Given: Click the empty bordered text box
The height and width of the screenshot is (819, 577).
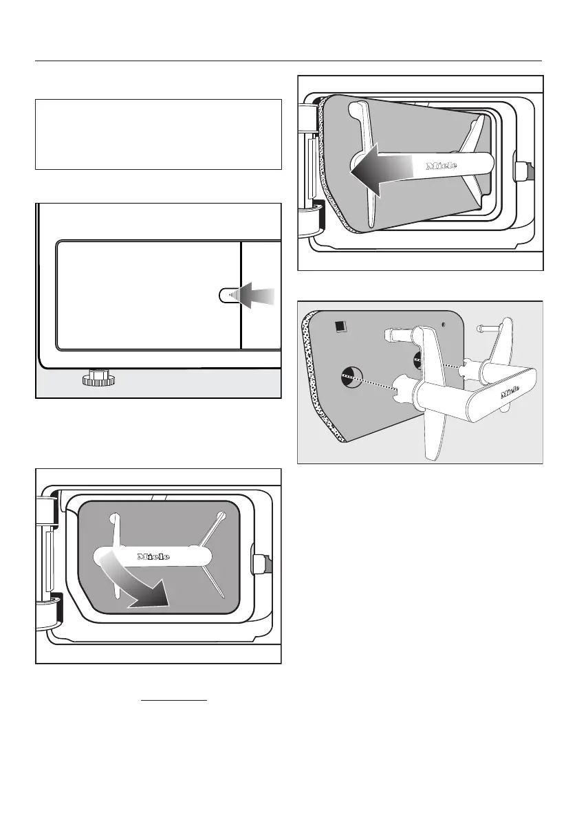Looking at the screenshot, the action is click(158, 134).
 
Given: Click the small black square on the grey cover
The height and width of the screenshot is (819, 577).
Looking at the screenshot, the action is click(339, 327).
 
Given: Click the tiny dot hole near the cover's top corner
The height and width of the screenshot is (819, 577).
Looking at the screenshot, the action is click(444, 323).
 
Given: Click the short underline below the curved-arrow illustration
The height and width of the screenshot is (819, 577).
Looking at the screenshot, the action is click(174, 701).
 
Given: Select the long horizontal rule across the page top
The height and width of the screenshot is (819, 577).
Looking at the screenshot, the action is click(288, 61).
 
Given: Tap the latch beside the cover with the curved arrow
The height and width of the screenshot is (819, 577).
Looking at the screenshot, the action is click(261, 565).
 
